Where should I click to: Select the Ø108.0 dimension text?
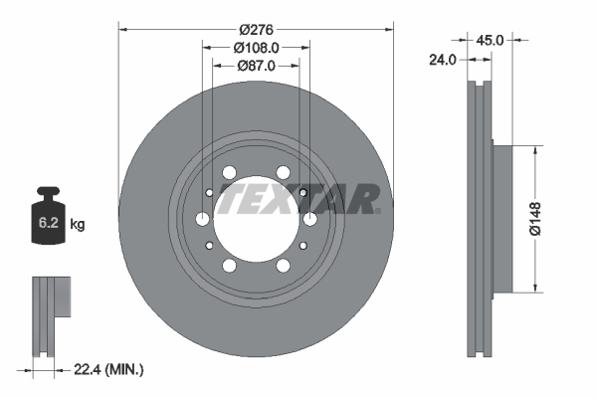click(x=257, y=47)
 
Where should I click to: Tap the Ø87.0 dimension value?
click(x=257, y=66)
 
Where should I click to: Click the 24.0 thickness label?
click(x=441, y=59)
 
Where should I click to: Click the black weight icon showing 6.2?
click(x=49, y=213)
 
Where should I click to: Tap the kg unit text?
click(x=78, y=225)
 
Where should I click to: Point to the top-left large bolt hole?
click(x=230, y=172)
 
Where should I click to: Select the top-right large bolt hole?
click(x=283, y=172)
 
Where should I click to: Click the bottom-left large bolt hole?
click(x=230, y=266)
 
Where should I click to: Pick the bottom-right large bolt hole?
click(x=283, y=266)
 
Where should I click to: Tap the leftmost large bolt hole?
click(x=203, y=219)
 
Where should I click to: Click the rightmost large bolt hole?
click(x=309, y=219)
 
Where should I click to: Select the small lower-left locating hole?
click(x=210, y=245)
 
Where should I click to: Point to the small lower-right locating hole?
click(x=302, y=245)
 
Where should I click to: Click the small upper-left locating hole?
click(x=210, y=193)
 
